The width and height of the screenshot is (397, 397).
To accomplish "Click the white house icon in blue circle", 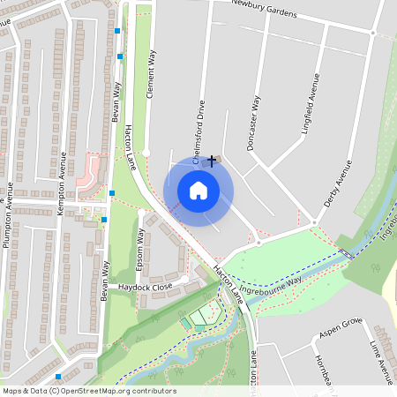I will click(198, 190).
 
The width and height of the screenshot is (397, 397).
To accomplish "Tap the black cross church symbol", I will click(212, 161).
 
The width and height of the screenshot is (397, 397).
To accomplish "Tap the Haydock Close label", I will click(146, 287).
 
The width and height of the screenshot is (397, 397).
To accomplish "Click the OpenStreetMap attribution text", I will click(88, 391).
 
